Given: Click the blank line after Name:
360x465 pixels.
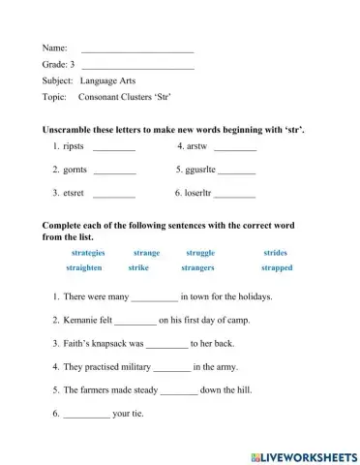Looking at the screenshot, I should (x=137, y=48).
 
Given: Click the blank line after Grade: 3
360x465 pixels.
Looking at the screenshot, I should (x=138, y=65).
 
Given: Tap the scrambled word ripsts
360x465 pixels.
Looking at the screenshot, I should (x=74, y=146).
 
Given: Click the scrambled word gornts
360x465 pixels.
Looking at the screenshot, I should (x=75, y=170).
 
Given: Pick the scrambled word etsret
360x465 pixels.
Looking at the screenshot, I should (x=74, y=193).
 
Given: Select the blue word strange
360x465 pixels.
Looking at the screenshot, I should (x=146, y=252).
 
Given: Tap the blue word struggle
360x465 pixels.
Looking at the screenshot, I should (x=199, y=252).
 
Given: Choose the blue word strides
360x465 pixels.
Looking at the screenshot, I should (x=275, y=252).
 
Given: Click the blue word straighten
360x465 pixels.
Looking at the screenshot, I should (x=83, y=267).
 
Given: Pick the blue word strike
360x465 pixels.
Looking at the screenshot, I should (x=137, y=267).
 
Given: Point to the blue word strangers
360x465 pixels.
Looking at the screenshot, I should (x=197, y=267).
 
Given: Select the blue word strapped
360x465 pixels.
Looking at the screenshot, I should (x=276, y=267).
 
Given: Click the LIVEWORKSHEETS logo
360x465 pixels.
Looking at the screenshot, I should (x=303, y=454).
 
